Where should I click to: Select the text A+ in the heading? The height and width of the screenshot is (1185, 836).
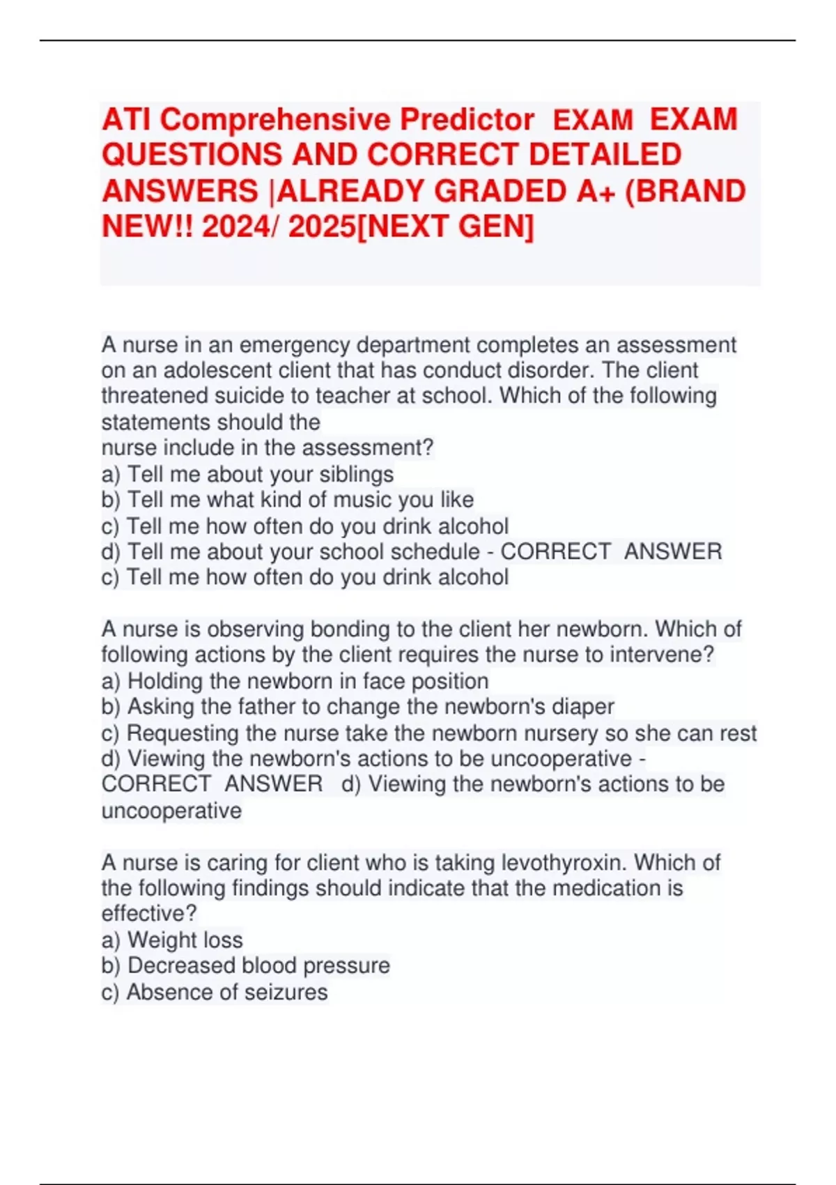tap(596, 192)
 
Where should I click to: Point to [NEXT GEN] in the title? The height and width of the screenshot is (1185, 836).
tap(445, 227)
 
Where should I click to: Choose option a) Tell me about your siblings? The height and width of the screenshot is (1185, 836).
tap(247, 475)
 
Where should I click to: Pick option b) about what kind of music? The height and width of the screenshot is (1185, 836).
tap(287, 500)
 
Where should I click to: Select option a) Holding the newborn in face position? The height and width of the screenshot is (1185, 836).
tap(295, 681)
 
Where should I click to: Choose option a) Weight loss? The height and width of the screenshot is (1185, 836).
tap(172, 940)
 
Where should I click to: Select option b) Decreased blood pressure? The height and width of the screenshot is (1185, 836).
tap(245, 966)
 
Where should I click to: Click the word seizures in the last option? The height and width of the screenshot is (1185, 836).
tap(287, 992)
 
